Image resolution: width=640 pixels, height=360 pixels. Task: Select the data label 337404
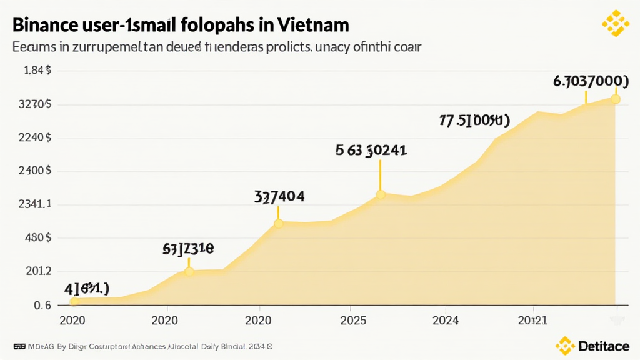click(x=279, y=197)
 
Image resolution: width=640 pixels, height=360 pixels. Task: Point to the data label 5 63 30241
click(x=371, y=150)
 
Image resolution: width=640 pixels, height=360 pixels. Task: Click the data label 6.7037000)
click(x=591, y=81)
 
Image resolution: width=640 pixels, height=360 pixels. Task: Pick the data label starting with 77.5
click(x=474, y=121)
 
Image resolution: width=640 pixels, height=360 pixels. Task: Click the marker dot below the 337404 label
click(x=279, y=223)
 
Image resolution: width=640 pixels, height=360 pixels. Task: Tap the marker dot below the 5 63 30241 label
click(x=381, y=195)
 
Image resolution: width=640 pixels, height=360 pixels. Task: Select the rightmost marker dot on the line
click(x=616, y=99)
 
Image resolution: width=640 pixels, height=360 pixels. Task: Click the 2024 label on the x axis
click(x=445, y=320)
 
